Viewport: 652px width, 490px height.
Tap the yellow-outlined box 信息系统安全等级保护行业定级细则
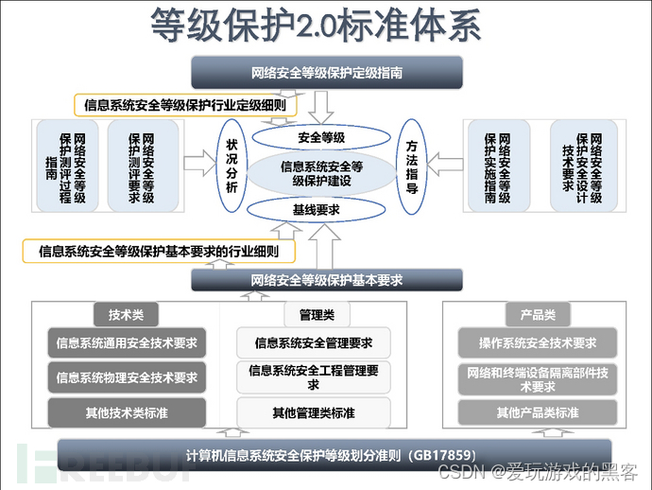184,105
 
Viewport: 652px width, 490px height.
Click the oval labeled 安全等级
321,137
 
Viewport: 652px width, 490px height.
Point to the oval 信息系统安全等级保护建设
321,173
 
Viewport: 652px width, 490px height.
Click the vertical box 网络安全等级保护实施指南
497,166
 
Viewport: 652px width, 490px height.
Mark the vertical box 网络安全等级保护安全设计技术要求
580,166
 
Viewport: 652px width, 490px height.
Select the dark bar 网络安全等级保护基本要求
327,280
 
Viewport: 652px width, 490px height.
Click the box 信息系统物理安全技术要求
127,377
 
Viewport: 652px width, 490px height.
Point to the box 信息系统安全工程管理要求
313,377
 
